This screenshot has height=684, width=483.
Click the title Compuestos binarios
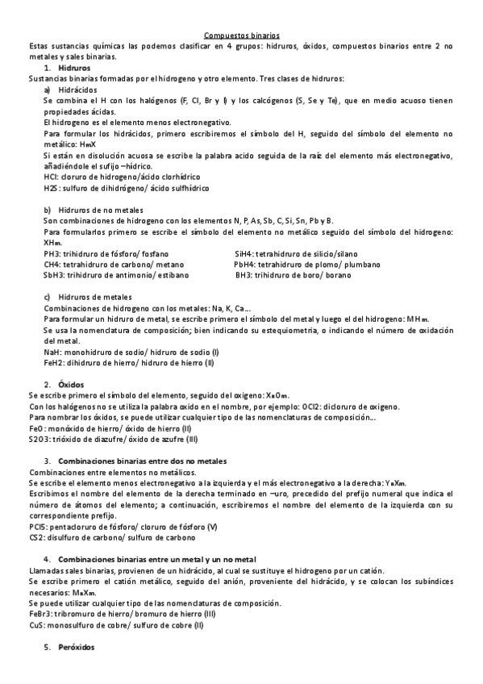[241, 35]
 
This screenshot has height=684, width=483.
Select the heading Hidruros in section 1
[74, 68]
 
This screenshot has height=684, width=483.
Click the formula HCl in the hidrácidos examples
[50, 176]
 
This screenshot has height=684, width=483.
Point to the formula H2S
[51, 187]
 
